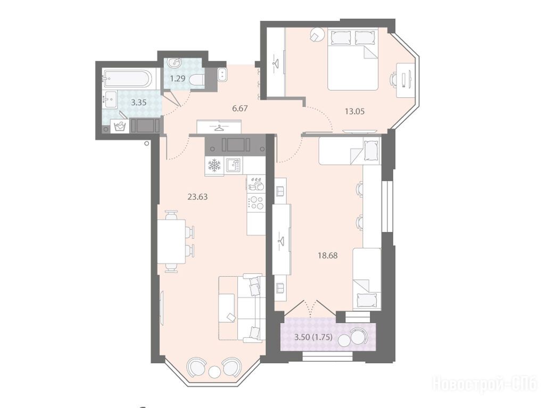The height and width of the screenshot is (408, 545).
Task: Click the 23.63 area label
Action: [x=197, y=197]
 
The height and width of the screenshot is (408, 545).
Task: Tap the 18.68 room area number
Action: [x=327, y=255]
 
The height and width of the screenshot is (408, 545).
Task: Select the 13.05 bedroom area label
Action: [x=354, y=111]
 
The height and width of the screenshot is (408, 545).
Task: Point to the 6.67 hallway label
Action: [x=240, y=108]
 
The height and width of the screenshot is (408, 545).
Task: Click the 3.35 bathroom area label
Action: [x=138, y=103]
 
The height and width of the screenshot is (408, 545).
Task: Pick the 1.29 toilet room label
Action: [x=177, y=78]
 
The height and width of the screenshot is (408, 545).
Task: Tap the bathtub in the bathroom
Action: [x=127, y=79]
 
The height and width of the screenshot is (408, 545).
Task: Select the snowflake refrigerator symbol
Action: [x=214, y=165]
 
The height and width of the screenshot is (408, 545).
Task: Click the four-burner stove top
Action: [x=256, y=203]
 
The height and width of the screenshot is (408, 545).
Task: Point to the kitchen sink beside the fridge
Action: [x=233, y=165]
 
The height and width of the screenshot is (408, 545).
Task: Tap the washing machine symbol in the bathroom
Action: [x=120, y=126]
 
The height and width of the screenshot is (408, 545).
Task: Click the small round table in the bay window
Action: [x=214, y=372]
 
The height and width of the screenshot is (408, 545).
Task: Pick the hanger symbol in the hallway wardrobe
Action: [x=219, y=128]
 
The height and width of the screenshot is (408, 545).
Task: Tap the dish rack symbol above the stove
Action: [x=256, y=184]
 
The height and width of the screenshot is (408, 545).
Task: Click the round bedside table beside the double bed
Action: [x=317, y=35]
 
